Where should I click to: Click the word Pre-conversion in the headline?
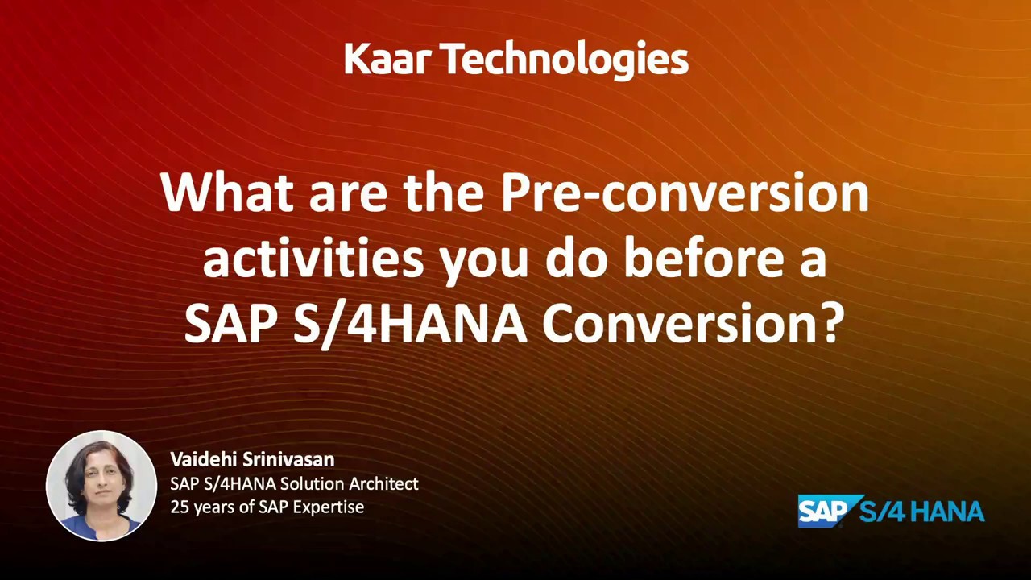[x=685, y=193]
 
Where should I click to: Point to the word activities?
[x=313, y=259]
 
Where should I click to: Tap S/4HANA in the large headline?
[x=409, y=324]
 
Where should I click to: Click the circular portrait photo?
[x=101, y=486]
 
